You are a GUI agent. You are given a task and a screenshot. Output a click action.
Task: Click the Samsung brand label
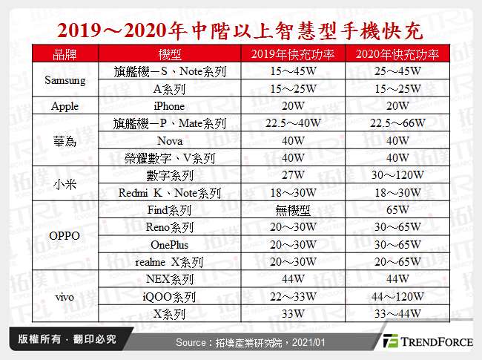[x=65, y=80]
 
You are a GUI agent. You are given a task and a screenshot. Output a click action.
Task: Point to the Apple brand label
[x=65, y=106]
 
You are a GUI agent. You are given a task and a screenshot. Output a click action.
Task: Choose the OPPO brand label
[x=65, y=237]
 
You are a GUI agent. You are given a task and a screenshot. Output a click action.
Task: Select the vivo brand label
[x=65, y=297]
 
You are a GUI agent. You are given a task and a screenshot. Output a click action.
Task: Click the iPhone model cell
[x=170, y=106]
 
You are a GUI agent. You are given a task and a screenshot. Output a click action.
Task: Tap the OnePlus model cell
[x=170, y=245]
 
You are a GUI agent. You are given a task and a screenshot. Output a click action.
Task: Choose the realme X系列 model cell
[x=170, y=262]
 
